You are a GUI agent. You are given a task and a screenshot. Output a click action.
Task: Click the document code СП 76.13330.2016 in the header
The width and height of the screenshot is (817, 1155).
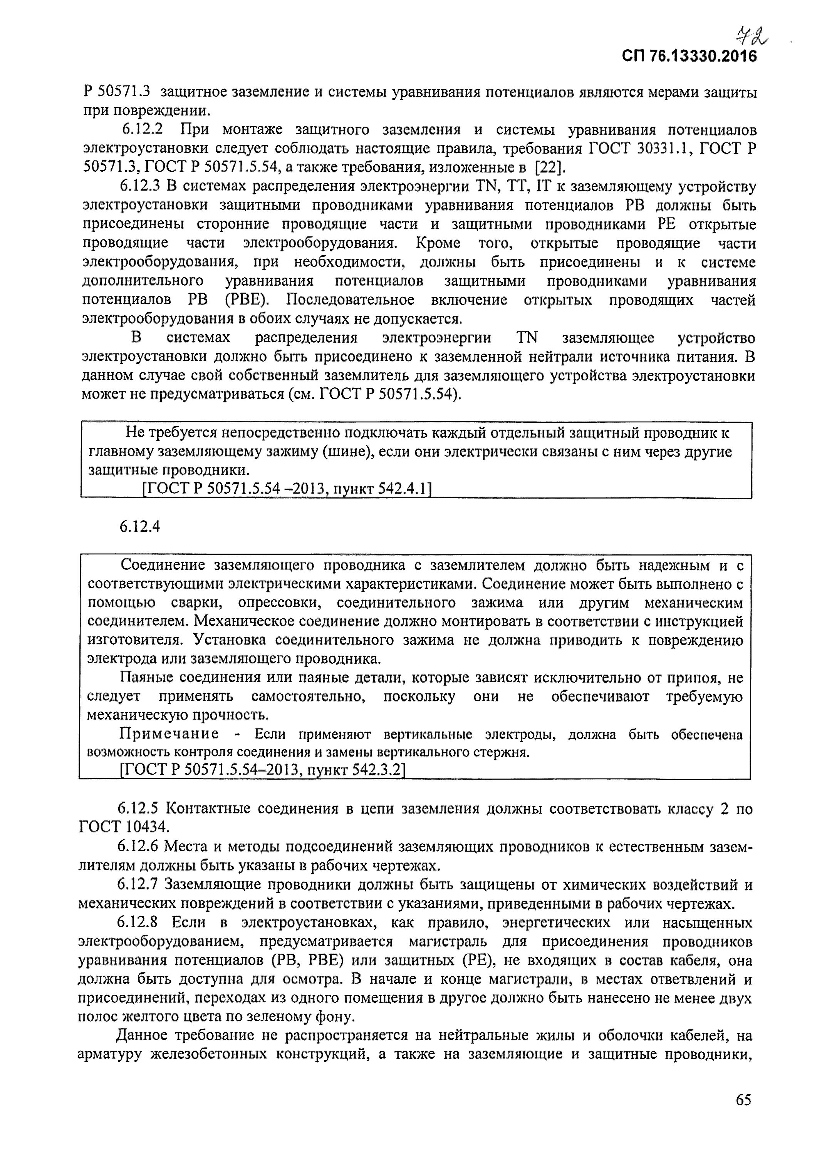tap(689, 56)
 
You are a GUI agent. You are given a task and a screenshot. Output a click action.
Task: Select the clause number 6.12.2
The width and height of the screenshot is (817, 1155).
tap(143, 130)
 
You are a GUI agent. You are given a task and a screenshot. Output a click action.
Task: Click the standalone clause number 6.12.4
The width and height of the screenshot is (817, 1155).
tap(139, 527)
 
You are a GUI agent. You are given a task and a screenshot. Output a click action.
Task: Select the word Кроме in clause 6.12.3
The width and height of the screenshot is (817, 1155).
tap(438, 243)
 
